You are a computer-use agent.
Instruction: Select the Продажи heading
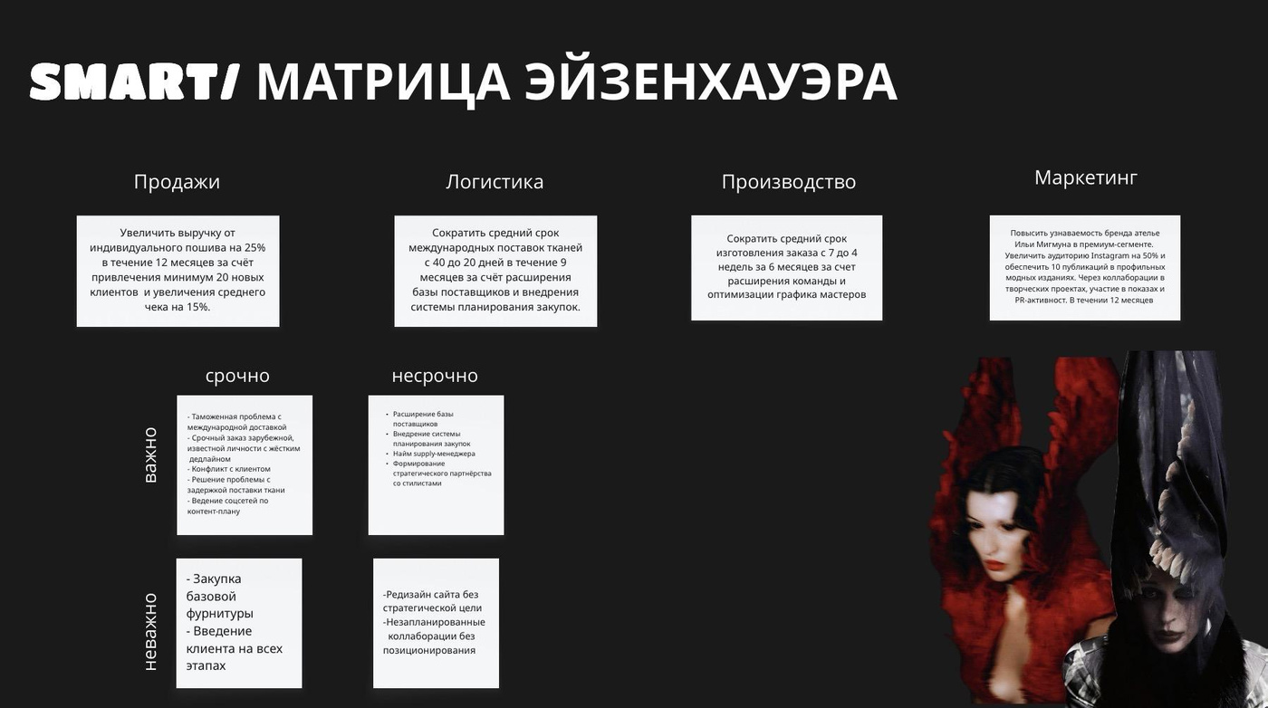click(x=177, y=182)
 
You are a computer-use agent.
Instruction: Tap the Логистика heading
click(x=495, y=182)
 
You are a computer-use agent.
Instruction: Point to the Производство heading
click(x=789, y=182)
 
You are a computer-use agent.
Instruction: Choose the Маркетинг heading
click(x=1085, y=177)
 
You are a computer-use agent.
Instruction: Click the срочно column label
click(x=237, y=376)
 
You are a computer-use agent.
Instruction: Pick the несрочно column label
click(x=435, y=376)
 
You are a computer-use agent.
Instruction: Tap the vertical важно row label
click(x=150, y=455)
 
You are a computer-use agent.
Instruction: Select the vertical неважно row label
click(x=150, y=632)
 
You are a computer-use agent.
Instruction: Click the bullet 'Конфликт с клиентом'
click(x=228, y=469)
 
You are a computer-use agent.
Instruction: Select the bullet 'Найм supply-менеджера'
click(x=434, y=454)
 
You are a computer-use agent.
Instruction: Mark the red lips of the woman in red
click(x=994, y=564)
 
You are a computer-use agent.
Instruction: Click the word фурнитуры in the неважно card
click(x=219, y=614)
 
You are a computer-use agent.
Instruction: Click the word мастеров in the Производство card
click(x=843, y=294)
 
